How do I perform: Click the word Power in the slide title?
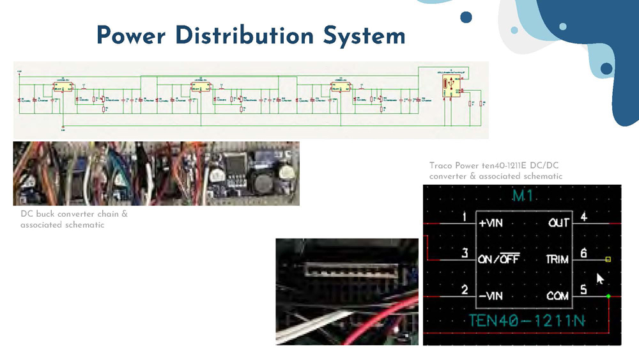pyautogui.click(x=132, y=35)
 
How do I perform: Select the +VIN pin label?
pyautogui.click(x=491, y=223)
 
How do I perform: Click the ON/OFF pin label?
pyautogui.click(x=498, y=260)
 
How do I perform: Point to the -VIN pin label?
pyautogui.click(x=491, y=296)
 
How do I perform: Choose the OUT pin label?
pyautogui.click(x=558, y=223)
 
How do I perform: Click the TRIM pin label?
pyautogui.click(x=557, y=260)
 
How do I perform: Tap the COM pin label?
pyautogui.click(x=557, y=296)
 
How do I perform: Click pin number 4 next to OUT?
pyautogui.click(x=583, y=217)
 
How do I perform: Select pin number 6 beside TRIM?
pyautogui.click(x=583, y=254)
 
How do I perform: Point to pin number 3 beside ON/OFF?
pyautogui.click(x=465, y=254)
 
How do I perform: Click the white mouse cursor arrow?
pyautogui.click(x=599, y=279)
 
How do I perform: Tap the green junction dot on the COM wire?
pyautogui.click(x=608, y=296)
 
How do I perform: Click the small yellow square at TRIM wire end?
pyautogui.click(x=608, y=260)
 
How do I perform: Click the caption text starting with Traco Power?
pyautogui.click(x=496, y=171)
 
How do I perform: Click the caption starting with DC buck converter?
pyautogui.click(x=74, y=219)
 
